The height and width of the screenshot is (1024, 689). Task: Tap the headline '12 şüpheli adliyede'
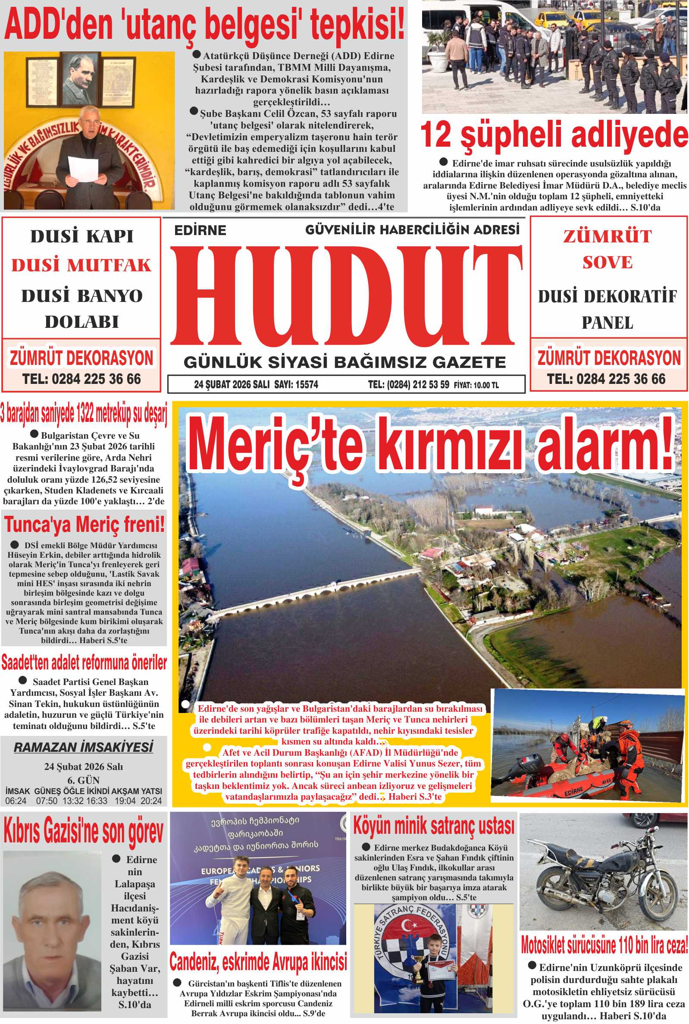coord(554,135)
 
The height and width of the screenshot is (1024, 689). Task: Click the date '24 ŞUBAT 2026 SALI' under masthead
coord(232,385)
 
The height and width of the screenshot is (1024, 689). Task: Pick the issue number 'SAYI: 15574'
coord(296,385)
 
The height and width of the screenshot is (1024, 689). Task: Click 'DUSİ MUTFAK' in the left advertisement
coord(81,265)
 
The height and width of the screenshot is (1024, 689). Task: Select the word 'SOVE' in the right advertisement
coord(608,262)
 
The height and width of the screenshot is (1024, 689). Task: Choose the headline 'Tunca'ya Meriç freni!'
coord(85,525)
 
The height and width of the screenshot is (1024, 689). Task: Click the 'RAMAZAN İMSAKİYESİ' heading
coord(84,747)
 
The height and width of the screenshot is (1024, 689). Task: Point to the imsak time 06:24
coord(16,801)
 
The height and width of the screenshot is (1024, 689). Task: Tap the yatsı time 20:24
coord(151,801)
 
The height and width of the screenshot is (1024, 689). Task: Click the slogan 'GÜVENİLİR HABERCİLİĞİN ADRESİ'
coord(412,229)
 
